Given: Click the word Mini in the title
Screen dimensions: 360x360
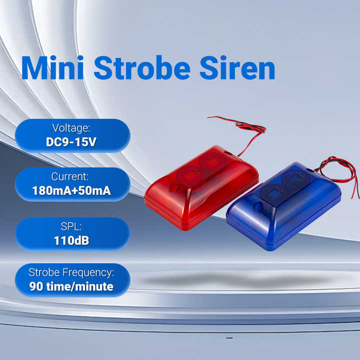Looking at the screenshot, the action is point(52,67).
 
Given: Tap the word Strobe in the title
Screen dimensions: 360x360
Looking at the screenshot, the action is point(142,67).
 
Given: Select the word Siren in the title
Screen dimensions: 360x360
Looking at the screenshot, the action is point(237,67).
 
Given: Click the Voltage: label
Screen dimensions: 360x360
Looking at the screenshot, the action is point(71,128).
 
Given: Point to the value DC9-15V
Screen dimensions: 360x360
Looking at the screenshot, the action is point(71,142).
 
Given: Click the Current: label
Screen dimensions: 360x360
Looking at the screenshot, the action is point(70,176).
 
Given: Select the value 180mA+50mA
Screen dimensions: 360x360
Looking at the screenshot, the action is point(71,191).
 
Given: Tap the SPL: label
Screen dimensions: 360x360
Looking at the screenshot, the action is point(71,226).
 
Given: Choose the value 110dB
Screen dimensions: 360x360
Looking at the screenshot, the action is point(71,240).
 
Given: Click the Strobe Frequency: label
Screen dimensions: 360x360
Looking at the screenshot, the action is point(71,272).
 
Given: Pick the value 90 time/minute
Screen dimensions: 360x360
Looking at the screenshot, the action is point(71,286).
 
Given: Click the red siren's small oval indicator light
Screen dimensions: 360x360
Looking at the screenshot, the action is point(174,189).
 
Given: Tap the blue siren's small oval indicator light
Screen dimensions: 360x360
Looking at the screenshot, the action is point(258,206).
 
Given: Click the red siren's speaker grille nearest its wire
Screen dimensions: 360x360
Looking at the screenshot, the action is point(213,160).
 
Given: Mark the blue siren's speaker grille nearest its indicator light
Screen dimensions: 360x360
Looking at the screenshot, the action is point(274,194).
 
